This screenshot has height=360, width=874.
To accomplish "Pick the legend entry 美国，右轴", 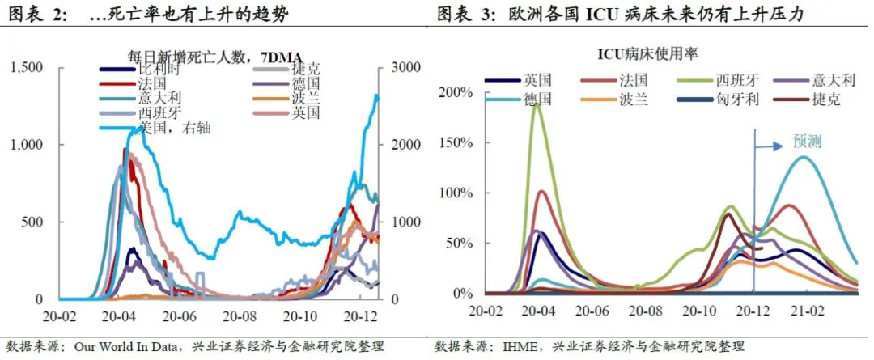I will [x=172, y=128].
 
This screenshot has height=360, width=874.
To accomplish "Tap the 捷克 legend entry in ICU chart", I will [x=826, y=100].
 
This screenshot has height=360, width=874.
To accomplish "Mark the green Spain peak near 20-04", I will [x=534, y=104].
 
